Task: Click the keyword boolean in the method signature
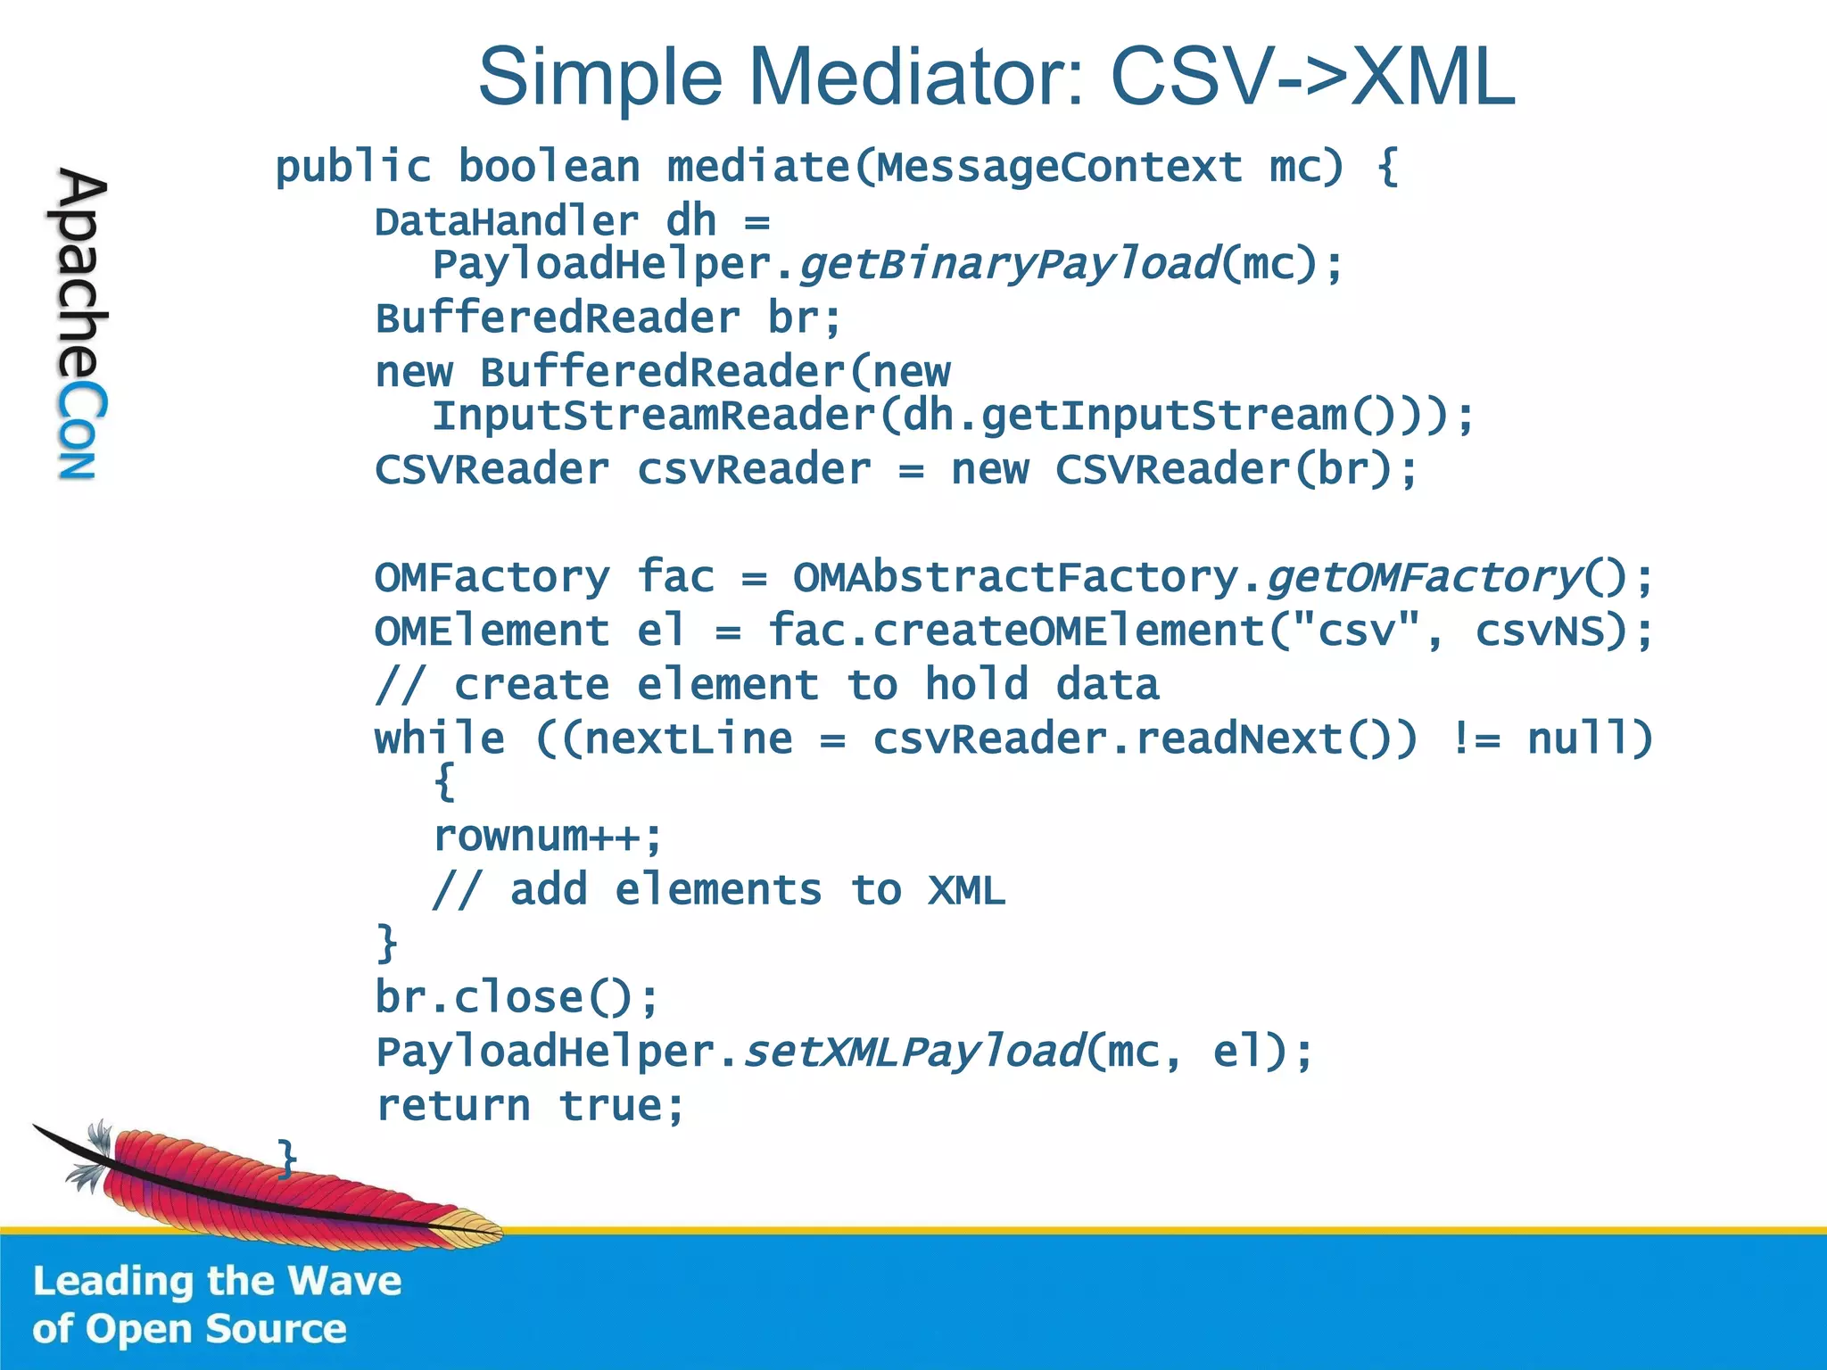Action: coord(549,167)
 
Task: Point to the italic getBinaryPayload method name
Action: coord(1009,265)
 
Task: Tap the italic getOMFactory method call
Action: coord(1424,578)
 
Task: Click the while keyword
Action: coord(439,739)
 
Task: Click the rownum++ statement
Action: coord(547,837)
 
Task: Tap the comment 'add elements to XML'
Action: coord(719,890)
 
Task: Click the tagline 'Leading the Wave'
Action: coord(217,1282)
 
